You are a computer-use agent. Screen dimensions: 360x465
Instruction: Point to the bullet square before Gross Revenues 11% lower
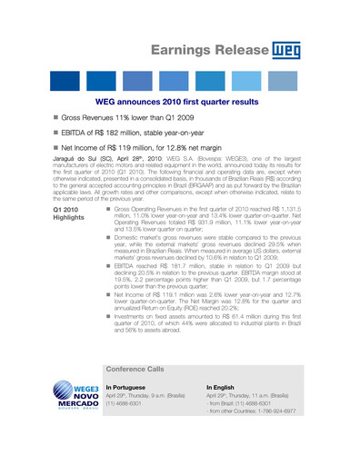coord(55,119)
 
